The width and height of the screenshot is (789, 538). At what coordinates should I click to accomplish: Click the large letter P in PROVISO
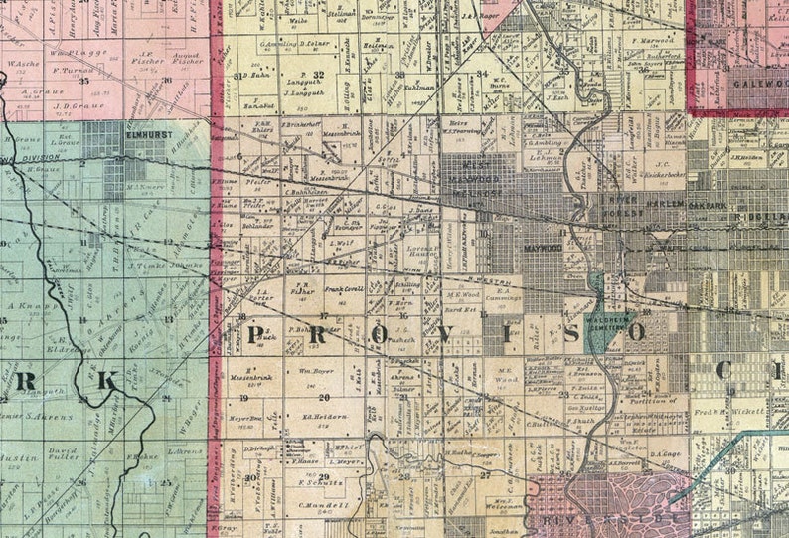[257, 333]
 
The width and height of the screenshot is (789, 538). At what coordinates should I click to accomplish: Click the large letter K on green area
[106, 380]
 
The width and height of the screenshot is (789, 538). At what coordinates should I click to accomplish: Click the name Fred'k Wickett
[720, 411]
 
